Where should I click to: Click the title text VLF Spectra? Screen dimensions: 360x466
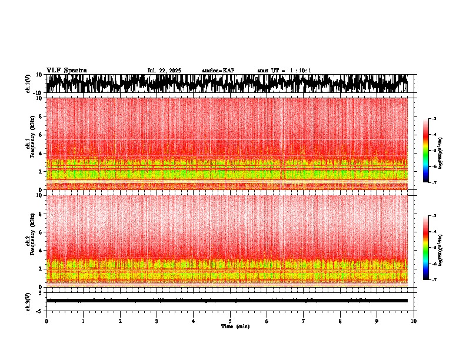tap(66, 70)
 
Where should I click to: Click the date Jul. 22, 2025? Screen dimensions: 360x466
tap(164, 71)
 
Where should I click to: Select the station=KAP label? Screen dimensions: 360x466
tap(218, 71)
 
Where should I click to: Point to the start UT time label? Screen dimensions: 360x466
tap(284, 71)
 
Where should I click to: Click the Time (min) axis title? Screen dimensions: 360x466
tap(235, 326)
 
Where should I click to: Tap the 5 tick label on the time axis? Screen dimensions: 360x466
tap(230, 321)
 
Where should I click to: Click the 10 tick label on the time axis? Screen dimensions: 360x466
tap(414, 321)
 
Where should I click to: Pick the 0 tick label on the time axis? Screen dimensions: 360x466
tap(46, 321)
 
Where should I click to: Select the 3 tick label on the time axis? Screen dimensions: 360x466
tap(157, 321)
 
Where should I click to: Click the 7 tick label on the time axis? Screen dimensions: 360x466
tap(304, 321)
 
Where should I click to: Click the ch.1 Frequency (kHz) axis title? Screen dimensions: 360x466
tap(31, 144)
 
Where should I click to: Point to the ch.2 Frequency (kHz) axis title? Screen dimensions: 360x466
tap(31, 241)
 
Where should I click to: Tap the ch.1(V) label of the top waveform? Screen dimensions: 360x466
tap(28, 84)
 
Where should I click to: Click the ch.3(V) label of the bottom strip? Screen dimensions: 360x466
tap(28, 301)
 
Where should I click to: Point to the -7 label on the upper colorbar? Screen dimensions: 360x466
tap(434, 183)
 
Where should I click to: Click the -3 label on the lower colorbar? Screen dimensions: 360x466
tap(434, 216)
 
